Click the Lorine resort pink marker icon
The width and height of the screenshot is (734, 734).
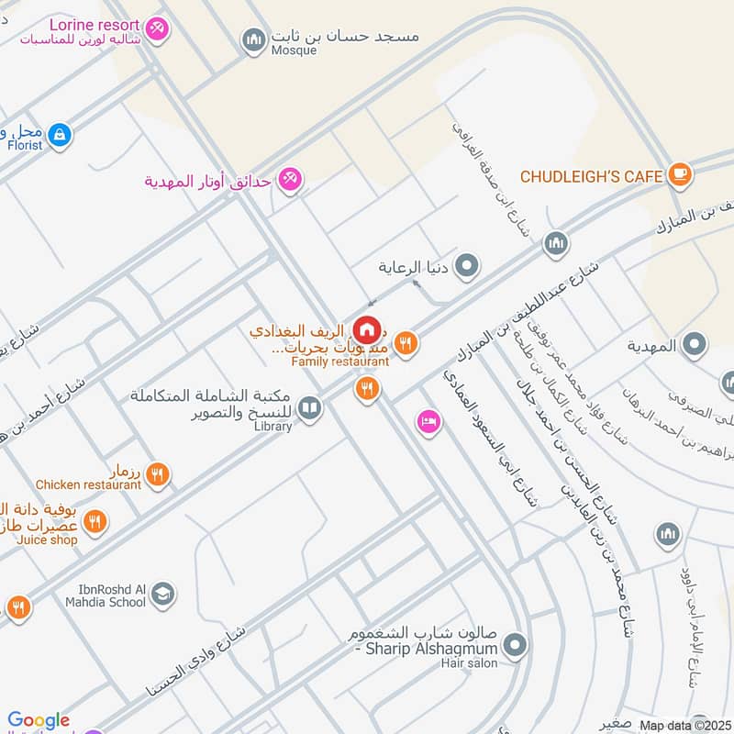click(158, 29)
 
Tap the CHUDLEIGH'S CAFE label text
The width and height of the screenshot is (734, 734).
click(591, 175)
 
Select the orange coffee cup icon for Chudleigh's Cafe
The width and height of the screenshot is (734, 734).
click(679, 174)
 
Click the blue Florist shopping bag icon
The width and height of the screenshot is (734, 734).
click(60, 135)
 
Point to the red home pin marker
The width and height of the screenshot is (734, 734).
click(367, 328)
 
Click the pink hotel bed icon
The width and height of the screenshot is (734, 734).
click(428, 423)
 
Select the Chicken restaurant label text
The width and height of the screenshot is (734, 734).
click(89, 484)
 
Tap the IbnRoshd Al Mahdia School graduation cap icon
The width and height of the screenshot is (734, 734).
click(163, 595)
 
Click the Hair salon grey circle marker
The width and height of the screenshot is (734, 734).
click(516, 645)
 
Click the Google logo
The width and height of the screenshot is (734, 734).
click(39, 721)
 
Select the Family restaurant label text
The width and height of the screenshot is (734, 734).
click(340, 361)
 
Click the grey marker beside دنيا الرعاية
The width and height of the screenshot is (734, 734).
click(468, 268)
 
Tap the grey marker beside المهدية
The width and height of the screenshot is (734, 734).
click(695, 346)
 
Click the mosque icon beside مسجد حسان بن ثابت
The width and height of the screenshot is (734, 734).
click(252, 39)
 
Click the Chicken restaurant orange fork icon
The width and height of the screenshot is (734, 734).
click(158, 474)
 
